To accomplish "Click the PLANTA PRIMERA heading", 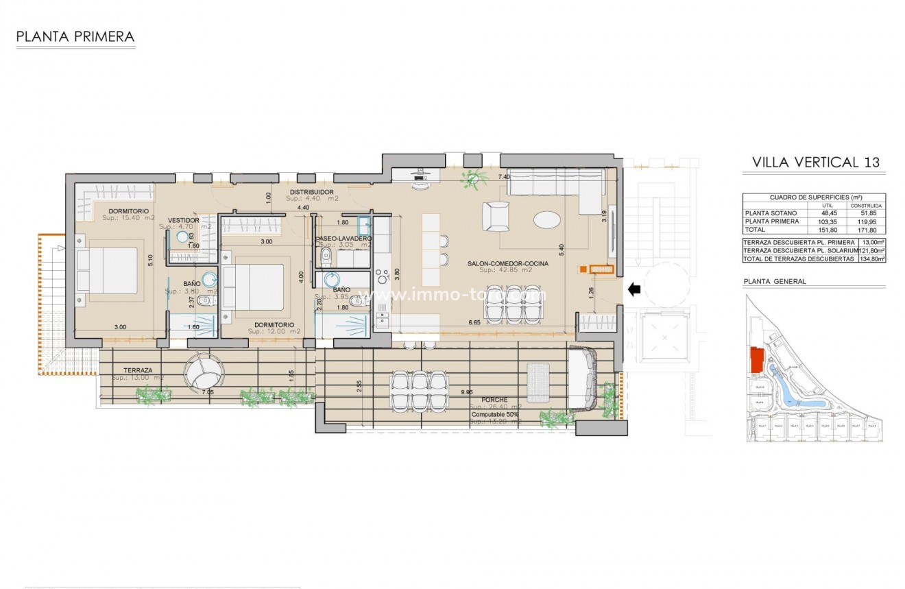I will (x=75, y=37).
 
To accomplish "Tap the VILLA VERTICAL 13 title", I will (x=816, y=163).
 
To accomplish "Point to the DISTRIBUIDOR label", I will (x=311, y=192).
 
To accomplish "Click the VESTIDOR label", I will (x=184, y=220).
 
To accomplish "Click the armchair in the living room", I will (x=496, y=217).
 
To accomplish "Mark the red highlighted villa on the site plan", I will (x=757, y=360).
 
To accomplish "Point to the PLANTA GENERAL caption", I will (x=775, y=281).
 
